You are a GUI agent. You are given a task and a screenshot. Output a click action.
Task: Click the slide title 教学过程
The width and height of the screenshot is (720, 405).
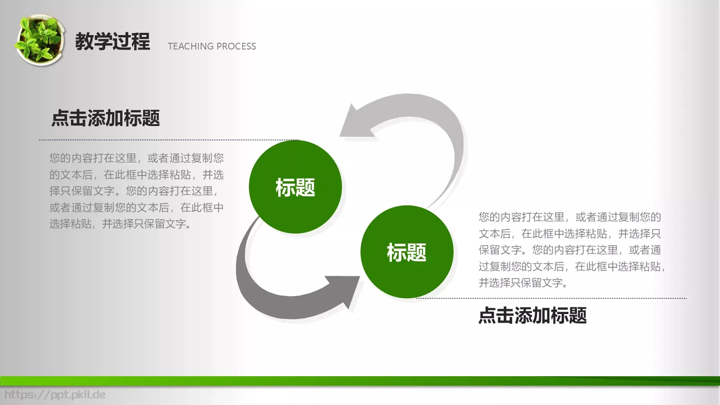pyautogui.click(x=112, y=41)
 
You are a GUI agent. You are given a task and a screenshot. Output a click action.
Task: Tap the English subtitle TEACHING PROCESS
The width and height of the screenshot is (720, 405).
pyautogui.click(x=211, y=46)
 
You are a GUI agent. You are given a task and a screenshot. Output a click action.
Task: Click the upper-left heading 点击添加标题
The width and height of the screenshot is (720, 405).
pyautogui.click(x=106, y=118)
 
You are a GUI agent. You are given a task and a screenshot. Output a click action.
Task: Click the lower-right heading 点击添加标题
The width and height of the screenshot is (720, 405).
pyautogui.click(x=532, y=315)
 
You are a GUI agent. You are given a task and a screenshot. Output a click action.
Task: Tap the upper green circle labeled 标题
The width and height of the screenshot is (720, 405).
pyautogui.click(x=295, y=187)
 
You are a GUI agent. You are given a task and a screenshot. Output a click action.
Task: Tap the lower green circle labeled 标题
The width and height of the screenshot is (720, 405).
pyautogui.click(x=406, y=252)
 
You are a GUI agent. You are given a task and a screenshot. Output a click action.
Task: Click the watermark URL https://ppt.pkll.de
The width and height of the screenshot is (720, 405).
pyautogui.click(x=55, y=395)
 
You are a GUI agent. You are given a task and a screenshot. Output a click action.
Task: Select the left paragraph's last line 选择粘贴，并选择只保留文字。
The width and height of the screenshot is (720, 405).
pyautogui.click(x=121, y=224)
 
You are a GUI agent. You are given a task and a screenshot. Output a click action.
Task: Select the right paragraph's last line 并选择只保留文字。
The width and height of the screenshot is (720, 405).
pyautogui.click(x=523, y=283)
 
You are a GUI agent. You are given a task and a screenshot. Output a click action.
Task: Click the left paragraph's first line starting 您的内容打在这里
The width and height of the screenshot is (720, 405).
pyautogui.click(x=136, y=158)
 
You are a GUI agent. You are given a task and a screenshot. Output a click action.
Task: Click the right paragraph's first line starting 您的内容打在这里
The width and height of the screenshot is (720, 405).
pyautogui.click(x=569, y=217)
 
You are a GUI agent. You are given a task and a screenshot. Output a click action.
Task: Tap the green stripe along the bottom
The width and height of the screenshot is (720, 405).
pyautogui.click(x=360, y=381)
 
